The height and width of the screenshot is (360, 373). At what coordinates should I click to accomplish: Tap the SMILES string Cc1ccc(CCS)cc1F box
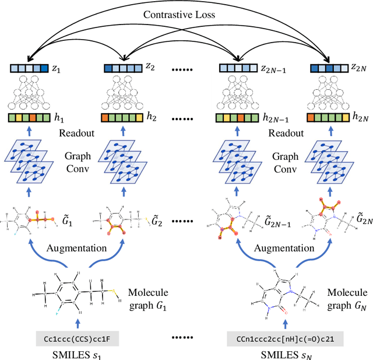[x=78, y=337]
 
